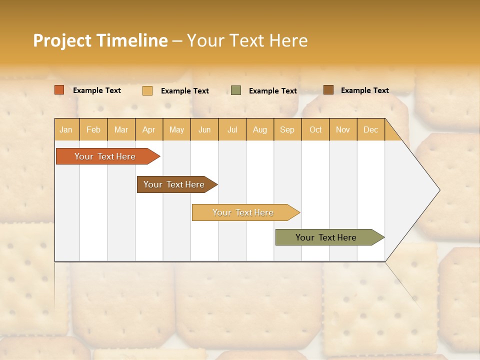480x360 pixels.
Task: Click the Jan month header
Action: pos(66,129)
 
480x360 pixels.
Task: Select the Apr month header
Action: pos(148,129)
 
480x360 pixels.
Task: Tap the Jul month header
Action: pos(232,129)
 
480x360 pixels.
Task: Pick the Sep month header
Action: pos(287,129)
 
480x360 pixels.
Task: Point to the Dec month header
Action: pos(370,129)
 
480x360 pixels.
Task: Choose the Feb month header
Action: pos(93,129)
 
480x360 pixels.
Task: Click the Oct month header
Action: pos(315,129)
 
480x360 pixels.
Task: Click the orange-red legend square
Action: pos(59,90)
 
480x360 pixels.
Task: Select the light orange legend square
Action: pos(147,90)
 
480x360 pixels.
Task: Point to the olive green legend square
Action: pos(236,90)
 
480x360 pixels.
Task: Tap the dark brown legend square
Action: pos(328,90)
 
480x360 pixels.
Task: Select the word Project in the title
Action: pos(62,40)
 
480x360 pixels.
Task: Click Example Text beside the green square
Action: pos(273,91)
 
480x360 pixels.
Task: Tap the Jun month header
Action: pos(204,129)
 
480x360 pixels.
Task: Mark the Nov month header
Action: pos(343,129)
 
